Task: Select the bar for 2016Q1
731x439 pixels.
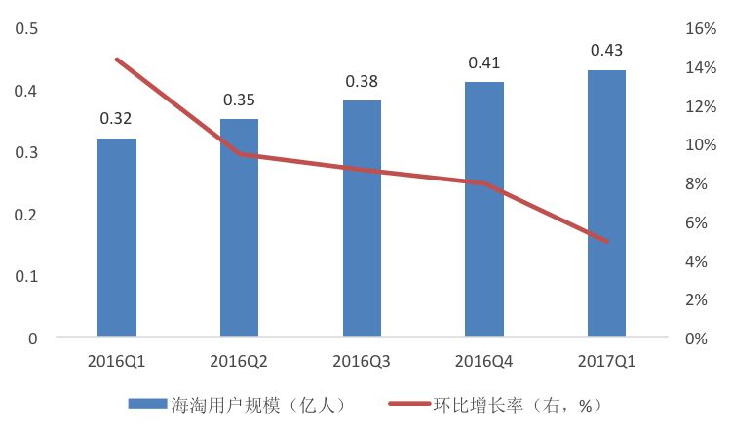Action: click(x=117, y=238)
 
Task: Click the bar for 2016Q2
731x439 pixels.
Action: click(x=239, y=228)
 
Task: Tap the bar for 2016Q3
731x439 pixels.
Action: click(x=362, y=219)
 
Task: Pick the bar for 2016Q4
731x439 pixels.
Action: click(x=483, y=210)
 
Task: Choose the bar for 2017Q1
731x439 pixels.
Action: click(x=606, y=204)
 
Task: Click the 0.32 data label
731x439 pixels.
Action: click(x=116, y=119)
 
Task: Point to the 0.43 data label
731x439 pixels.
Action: click(x=606, y=50)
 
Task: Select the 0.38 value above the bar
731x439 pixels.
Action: click(x=362, y=81)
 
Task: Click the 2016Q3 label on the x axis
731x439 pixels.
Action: click(x=362, y=362)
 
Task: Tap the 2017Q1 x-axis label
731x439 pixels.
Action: click(x=606, y=362)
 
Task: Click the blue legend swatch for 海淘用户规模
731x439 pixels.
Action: click(x=148, y=404)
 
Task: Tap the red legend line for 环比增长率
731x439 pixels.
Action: click(x=409, y=404)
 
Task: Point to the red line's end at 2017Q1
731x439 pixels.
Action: click(x=606, y=241)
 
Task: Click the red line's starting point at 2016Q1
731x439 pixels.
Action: click(x=117, y=60)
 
